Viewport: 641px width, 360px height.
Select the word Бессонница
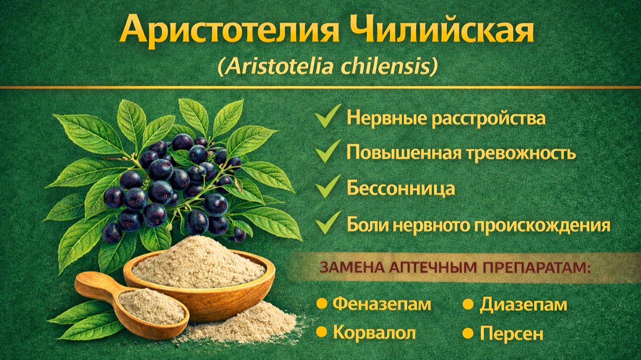(x=401, y=189)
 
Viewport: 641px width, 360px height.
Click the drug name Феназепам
(x=382, y=304)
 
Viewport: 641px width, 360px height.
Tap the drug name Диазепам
(x=523, y=304)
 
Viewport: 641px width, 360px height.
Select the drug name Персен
(x=511, y=333)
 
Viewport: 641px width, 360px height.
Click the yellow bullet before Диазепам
(x=468, y=303)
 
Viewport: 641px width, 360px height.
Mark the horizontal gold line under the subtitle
(x=320, y=88)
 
